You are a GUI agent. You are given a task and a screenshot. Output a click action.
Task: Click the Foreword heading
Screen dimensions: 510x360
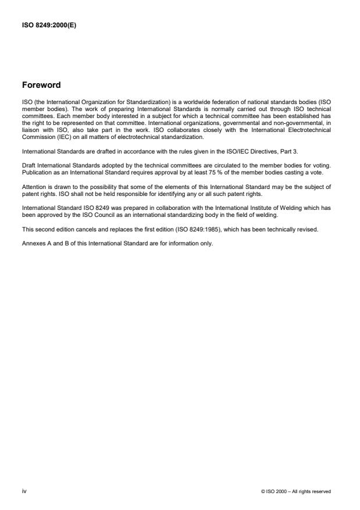pyautogui.click(x=41, y=85)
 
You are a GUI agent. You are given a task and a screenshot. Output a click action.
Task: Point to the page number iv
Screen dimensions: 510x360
pyautogui.click(x=24, y=491)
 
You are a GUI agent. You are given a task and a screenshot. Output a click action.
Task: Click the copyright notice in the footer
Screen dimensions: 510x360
pyautogui.click(x=297, y=491)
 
